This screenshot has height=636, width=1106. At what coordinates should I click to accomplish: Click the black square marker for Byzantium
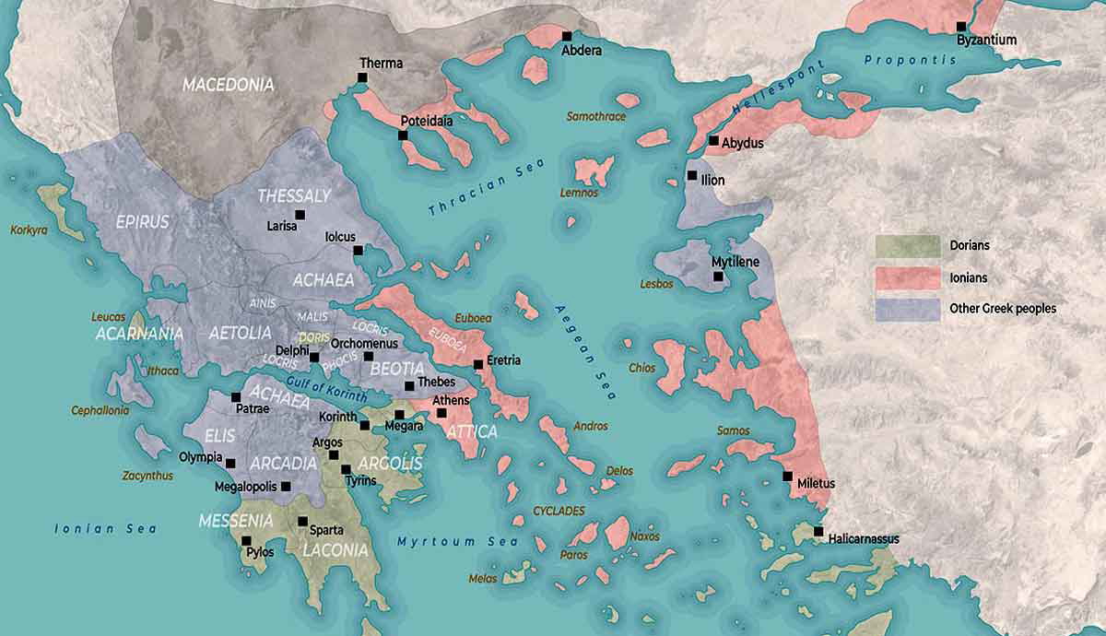click(x=961, y=27)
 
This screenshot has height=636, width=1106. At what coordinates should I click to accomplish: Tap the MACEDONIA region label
click(x=228, y=85)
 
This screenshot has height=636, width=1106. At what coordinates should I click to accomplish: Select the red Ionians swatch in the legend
click(x=907, y=277)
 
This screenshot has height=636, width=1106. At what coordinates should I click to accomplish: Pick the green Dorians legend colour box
click(x=907, y=246)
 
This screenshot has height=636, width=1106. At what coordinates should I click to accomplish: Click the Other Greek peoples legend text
click(x=1003, y=309)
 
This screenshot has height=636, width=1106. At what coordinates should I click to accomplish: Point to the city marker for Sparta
click(x=302, y=521)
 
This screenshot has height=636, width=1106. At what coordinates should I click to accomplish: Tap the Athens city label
click(x=450, y=400)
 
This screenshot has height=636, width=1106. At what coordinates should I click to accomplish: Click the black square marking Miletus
click(x=787, y=477)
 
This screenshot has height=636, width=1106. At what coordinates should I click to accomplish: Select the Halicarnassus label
click(x=863, y=538)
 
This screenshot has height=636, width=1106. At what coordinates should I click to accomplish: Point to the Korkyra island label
click(x=29, y=230)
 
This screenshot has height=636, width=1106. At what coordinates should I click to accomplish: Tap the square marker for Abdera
click(x=567, y=36)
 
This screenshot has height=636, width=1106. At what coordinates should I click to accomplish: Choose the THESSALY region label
click(x=294, y=196)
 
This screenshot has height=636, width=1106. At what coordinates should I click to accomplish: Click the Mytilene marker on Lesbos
click(x=718, y=276)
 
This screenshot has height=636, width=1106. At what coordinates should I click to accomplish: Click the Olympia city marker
click(x=230, y=464)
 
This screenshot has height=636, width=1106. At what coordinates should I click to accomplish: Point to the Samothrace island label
click(x=596, y=117)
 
